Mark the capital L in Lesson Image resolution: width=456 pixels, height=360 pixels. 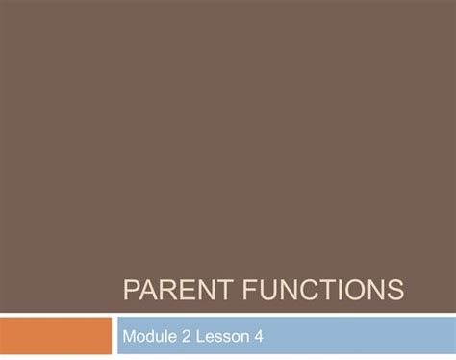click(x=200, y=336)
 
